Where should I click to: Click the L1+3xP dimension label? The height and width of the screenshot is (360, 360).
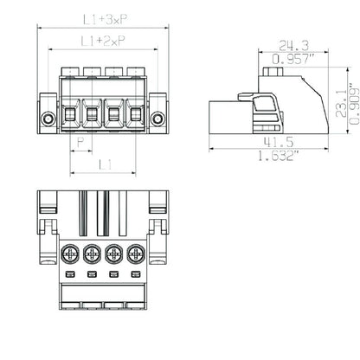click(102, 18)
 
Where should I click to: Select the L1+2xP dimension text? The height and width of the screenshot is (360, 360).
click(102, 40)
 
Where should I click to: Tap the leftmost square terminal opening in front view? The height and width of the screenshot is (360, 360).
click(71, 113)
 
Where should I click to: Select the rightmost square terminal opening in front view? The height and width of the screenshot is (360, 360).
click(135, 113)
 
